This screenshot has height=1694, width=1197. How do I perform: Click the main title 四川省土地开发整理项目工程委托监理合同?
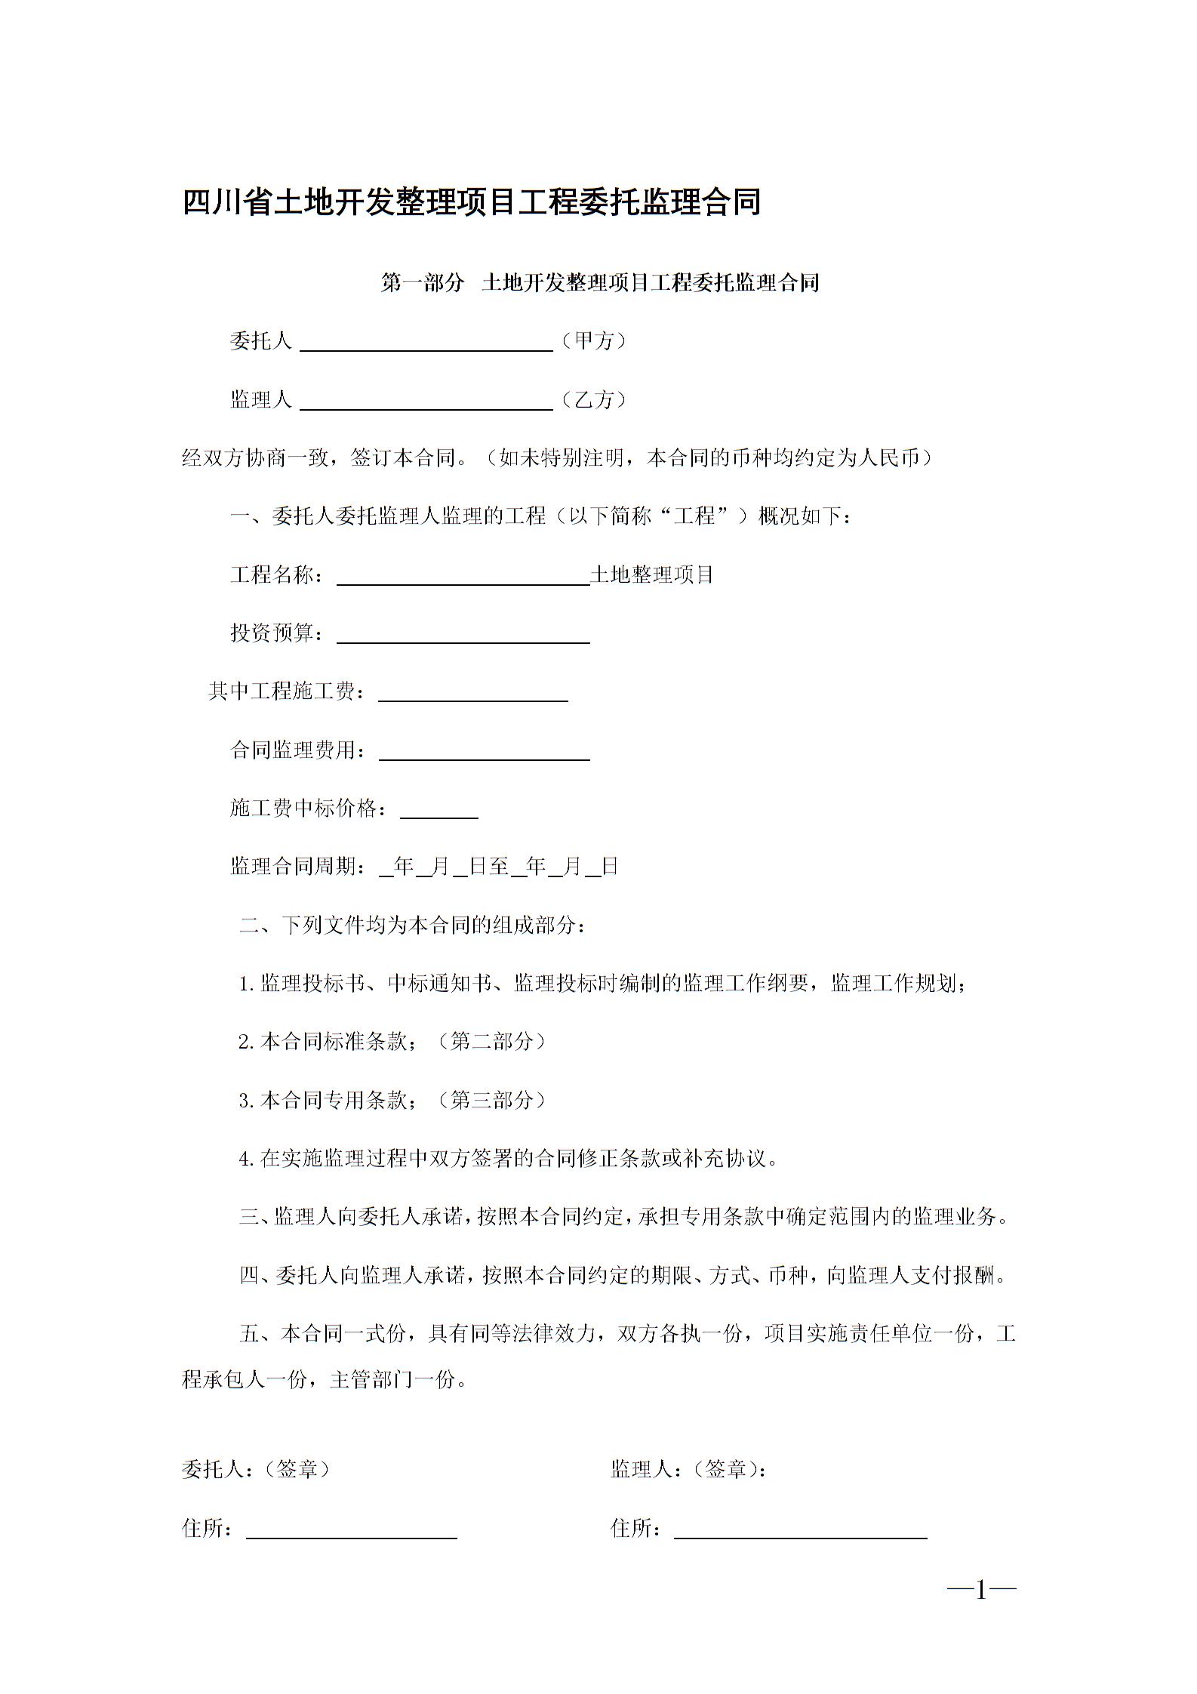point(471,203)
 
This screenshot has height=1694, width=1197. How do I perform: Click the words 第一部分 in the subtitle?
point(422,283)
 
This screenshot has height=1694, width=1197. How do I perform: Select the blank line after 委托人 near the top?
point(426,344)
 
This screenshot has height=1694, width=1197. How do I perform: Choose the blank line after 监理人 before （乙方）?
point(426,403)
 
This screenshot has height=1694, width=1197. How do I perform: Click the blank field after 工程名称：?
point(463,578)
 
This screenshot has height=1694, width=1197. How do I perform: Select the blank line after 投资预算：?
point(463,636)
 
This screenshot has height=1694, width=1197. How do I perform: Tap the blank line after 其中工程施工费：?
point(472,695)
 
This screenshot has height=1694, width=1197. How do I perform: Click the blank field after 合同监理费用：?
point(484,753)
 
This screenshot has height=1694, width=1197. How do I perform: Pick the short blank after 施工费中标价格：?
point(438,812)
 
